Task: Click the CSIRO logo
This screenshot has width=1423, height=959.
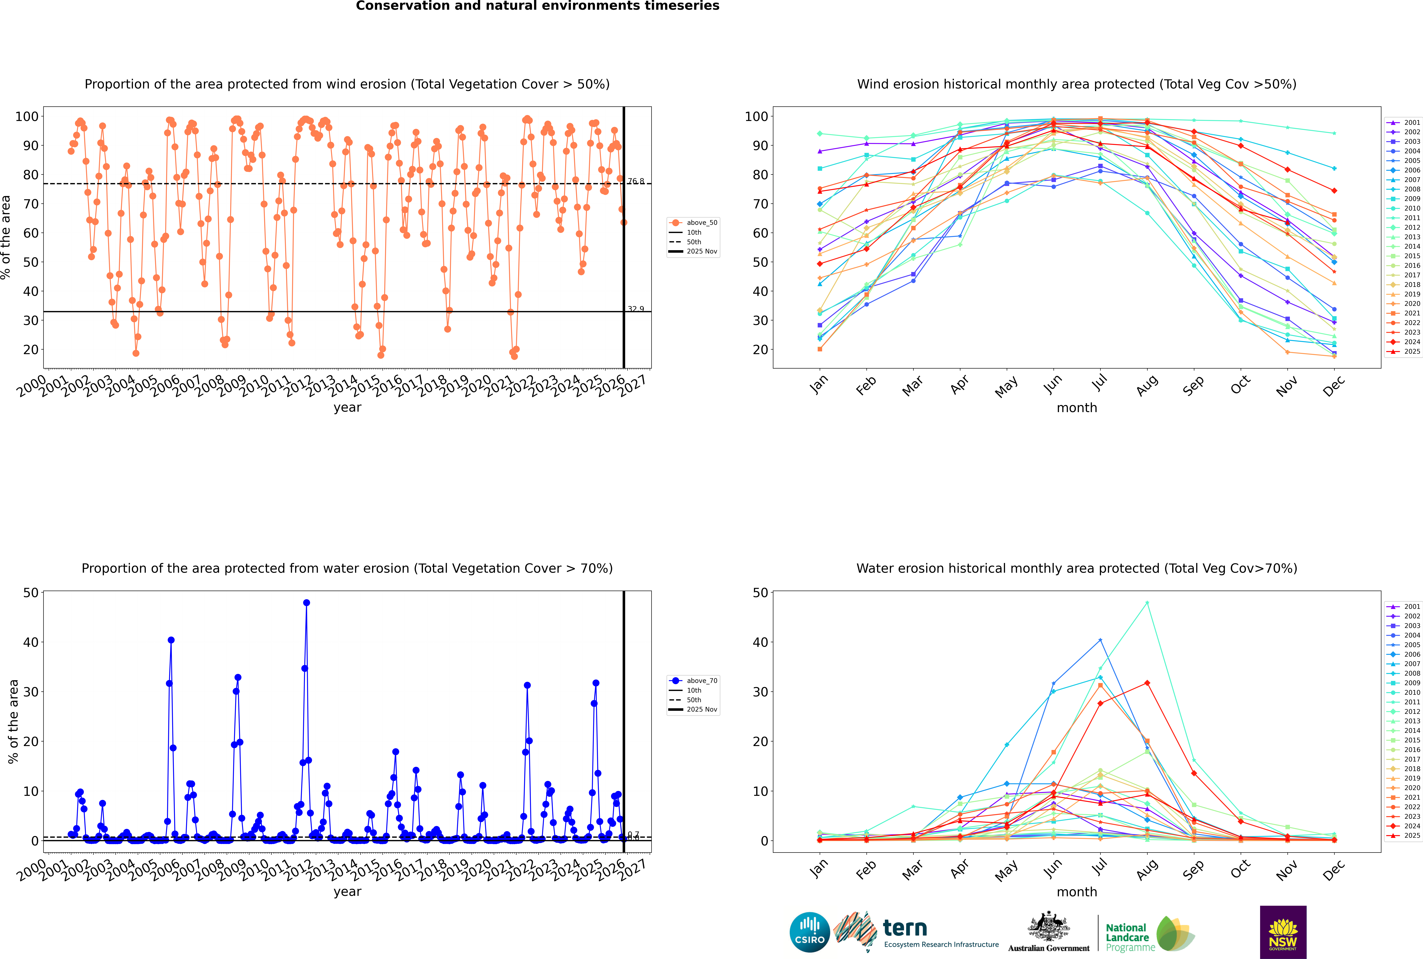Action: pos(809,932)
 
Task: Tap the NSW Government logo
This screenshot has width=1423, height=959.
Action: pos(1283,932)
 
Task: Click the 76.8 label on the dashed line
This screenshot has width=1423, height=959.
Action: pos(636,181)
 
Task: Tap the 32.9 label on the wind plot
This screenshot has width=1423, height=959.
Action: pos(636,309)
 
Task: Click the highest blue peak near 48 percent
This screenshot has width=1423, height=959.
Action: pos(307,602)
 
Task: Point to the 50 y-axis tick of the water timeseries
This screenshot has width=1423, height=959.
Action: pos(31,593)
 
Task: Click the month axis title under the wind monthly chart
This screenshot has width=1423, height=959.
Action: pos(1077,408)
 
